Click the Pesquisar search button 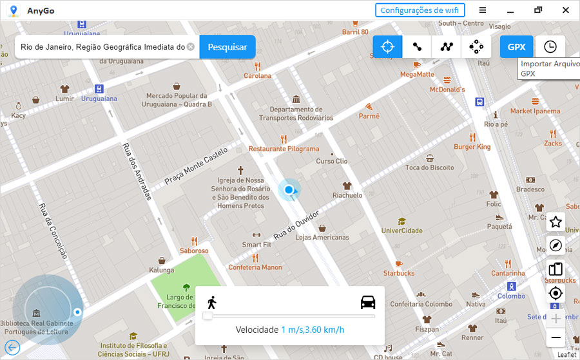227,47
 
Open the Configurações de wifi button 420,10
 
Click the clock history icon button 550,47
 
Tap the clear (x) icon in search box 191,47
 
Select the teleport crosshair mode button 387,47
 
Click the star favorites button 556,222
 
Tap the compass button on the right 556,246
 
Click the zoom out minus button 556,338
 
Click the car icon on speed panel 368,302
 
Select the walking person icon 211,302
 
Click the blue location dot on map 289,189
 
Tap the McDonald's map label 447,90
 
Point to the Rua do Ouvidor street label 297,225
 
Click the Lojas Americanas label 322,237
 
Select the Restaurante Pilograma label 284,149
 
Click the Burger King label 472,147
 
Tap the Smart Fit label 256,245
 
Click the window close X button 565,10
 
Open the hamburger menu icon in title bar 483,10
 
